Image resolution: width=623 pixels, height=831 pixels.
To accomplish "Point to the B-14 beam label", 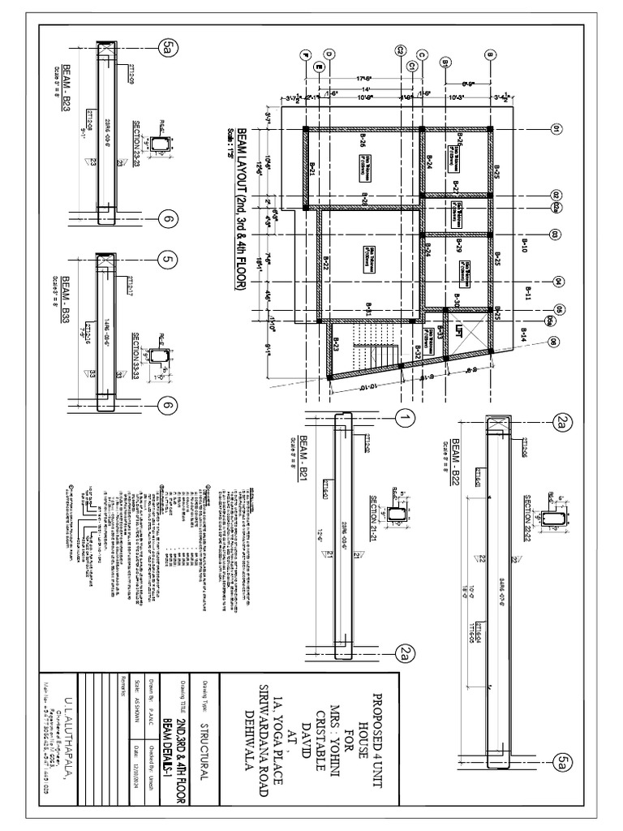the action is point(524,333).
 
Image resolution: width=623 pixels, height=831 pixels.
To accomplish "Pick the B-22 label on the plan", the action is point(324,262).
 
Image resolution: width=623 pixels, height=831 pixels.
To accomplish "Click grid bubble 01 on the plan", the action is point(556,129).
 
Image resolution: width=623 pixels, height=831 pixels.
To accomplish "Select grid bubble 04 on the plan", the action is point(556,282).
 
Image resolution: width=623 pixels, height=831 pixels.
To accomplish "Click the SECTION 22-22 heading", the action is point(528,512).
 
